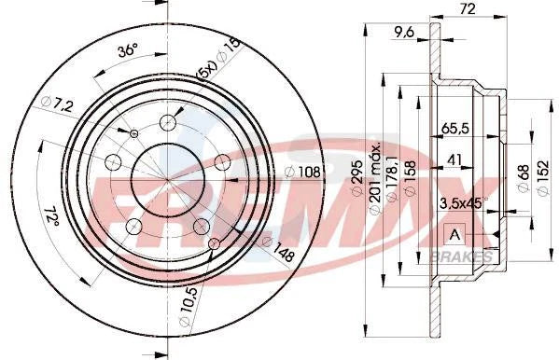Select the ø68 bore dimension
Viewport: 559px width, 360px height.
tap(523, 176)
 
